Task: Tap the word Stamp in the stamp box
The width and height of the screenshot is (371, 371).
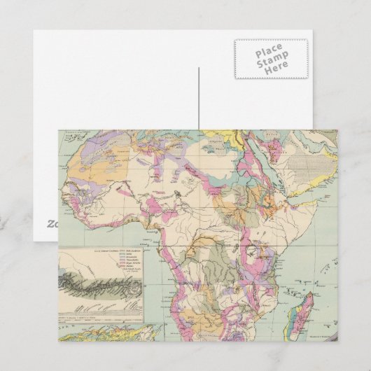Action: pyautogui.click(x=269, y=63)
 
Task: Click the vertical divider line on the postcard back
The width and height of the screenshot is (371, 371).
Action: pyautogui.click(x=198, y=98)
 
